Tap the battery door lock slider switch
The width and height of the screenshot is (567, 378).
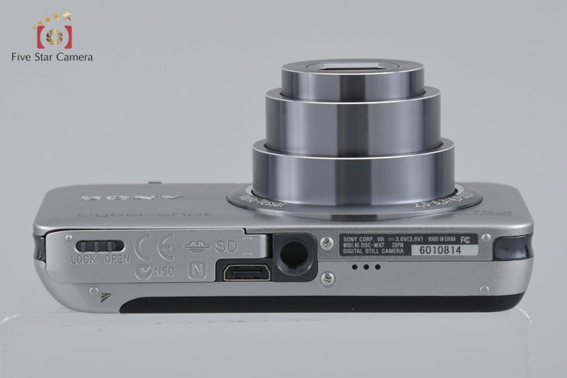[x=94, y=246]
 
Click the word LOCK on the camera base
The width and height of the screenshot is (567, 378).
[x=84, y=260]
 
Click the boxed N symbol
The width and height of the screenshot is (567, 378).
[x=196, y=269]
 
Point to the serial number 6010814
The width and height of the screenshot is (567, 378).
[x=439, y=250]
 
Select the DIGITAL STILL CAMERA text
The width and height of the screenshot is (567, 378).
[x=374, y=250]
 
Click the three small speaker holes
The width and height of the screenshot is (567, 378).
[x=367, y=267]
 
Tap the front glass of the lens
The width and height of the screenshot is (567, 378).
[x=353, y=67]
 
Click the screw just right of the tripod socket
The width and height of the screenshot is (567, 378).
[x=325, y=243]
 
